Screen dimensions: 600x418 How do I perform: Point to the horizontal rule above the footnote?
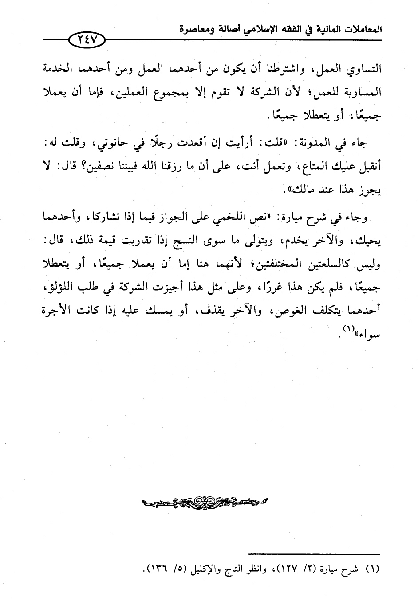coord(314,553)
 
